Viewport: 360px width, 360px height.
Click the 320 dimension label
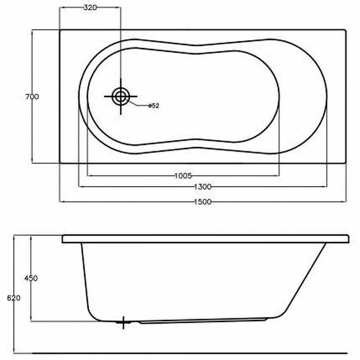pos(90,8)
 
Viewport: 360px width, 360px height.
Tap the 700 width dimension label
pos(32,97)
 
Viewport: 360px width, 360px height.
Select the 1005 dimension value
pos(183,176)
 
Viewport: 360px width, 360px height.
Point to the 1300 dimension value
pos(203,187)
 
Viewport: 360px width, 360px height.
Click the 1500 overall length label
pos(203,202)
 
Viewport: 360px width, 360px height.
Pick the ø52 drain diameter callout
pos(154,106)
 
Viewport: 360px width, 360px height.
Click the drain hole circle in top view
pos(121,96)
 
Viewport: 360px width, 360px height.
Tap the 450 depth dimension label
pos(31,278)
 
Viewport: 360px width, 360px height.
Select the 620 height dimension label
pos(14,298)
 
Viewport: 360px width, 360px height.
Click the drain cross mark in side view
pos(123,322)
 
